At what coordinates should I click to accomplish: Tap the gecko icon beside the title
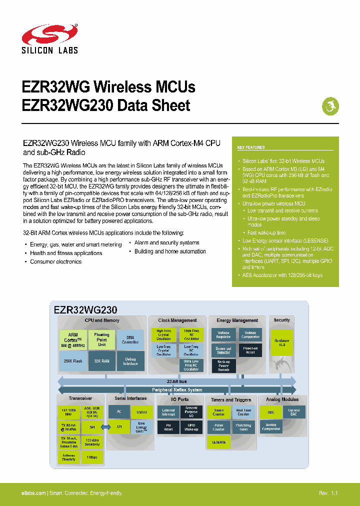pyautogui.click(x=329, y=105)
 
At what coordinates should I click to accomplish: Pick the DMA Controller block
pyautogui.click(x=130, y=339)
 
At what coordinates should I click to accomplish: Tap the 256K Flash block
pyautogui.click(x=73, y=360)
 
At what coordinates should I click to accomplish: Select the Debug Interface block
pyautogui.click(x=130, y=360)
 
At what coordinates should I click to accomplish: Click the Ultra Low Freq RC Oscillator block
pyautogui.click(x=190, y=365)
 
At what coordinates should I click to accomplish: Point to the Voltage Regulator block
pyautogui.click(x=223, y=334)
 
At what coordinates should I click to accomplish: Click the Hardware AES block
pyautogui.click(x=281, y=342)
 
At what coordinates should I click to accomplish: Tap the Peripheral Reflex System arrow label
pyautogui.click(x=176, y=390)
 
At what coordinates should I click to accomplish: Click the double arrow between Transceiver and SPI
pyautogui.click(x=105, y=427)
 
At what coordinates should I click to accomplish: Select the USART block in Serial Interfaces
pyautogui.click(x=141, y=412)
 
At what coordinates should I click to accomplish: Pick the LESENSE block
pyautogui.click(x=218, y=442)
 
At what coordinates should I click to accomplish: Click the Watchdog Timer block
pyautogui.click(x=243, y=427)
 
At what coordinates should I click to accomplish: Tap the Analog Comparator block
pyautogui.click(x=270, y=426)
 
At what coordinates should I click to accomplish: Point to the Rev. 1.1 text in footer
pyautogui.click(x=328, y=493)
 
